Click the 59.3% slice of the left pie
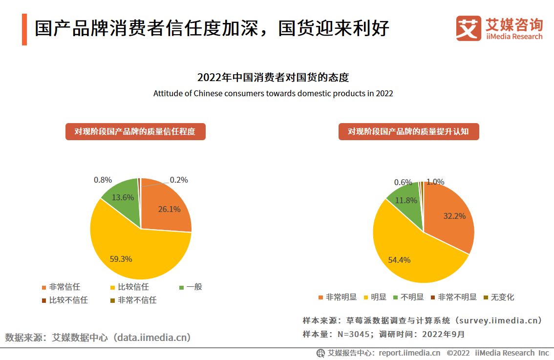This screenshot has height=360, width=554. click(127, 254)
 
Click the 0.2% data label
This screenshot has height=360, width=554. click(179, 180)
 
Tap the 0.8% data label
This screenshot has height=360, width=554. click(103, 180)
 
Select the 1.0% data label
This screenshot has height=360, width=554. click(435, 182)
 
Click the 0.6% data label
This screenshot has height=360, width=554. click(403, 182)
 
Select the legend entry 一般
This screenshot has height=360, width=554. click(191, 287)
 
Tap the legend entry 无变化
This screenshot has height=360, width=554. click(499, 297)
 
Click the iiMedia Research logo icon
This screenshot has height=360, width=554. click(469, 28)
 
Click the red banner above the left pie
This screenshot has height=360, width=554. click(135, 131)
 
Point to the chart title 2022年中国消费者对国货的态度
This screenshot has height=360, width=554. click(273, 78)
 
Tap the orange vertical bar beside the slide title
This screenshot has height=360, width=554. click(24, 29)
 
